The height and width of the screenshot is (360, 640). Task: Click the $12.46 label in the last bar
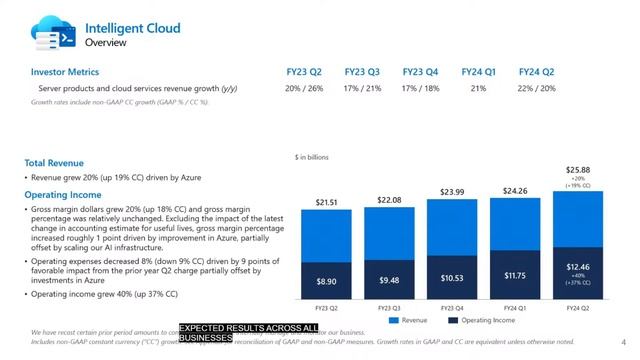577,266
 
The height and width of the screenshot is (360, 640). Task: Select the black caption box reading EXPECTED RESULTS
248,333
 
